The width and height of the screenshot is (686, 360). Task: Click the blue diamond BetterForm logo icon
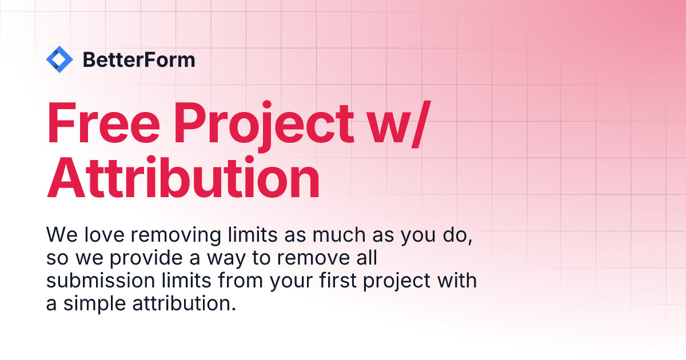coord(59,59)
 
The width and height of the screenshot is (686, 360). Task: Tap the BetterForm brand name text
coord(139,59)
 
